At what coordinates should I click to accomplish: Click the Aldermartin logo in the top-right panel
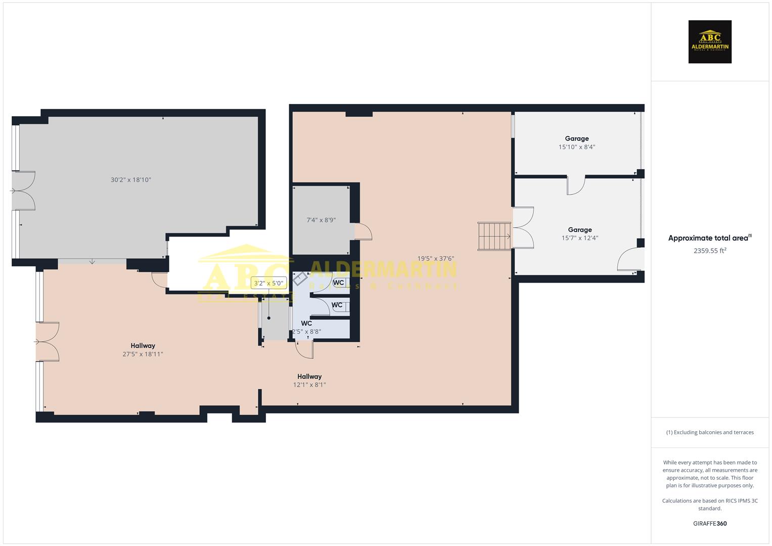point(709,41)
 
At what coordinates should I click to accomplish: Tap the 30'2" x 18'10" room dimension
point(131,180)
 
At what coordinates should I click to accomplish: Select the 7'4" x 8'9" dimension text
point(321,220)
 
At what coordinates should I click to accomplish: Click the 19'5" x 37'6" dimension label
point(435,259)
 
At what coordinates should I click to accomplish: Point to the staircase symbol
point(494,236)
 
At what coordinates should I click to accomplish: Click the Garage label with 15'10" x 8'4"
point(577,139)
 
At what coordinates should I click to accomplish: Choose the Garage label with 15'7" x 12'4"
point(579,230)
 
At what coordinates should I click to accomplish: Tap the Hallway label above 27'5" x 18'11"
point(143,346)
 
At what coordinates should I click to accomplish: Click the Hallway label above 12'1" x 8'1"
point(309,377)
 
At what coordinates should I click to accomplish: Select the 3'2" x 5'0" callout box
point(269,283)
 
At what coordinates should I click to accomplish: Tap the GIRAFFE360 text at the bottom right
point(710,524)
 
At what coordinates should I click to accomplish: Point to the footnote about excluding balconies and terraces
point(710,432)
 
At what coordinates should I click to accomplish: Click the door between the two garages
point(576,185)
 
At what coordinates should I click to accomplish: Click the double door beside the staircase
point(523,227)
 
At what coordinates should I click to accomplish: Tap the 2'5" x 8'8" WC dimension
point(306,332)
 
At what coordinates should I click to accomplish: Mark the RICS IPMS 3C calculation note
point(710,505)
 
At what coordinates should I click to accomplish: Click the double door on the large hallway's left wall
point(47,342)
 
